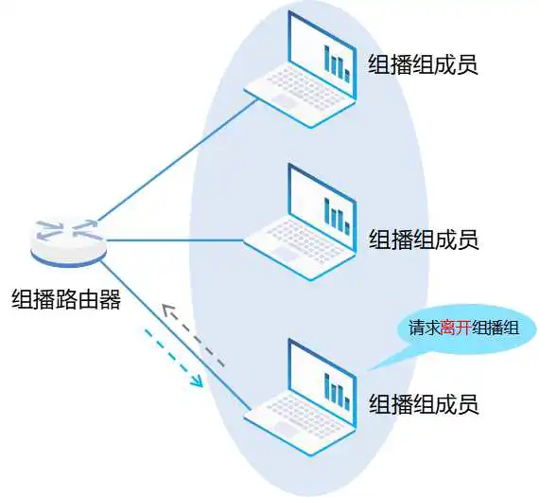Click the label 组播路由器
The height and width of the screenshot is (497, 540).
coord(66,298)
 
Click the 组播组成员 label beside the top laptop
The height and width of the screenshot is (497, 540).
coord(424,64)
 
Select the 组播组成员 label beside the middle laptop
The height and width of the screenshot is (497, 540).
coord(424,240)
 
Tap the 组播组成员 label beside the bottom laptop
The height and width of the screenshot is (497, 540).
coord(424,404)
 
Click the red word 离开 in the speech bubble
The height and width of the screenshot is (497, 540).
coord(456,328)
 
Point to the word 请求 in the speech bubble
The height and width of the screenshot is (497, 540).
coord(425,328)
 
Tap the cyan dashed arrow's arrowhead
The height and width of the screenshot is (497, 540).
coord(198,381)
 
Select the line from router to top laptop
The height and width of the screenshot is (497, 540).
coord(178,160)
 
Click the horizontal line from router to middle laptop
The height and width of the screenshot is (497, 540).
coord(175,240)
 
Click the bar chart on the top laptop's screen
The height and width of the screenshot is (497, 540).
coord(338,63)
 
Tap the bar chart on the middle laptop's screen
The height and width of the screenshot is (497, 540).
coord(338,216)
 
